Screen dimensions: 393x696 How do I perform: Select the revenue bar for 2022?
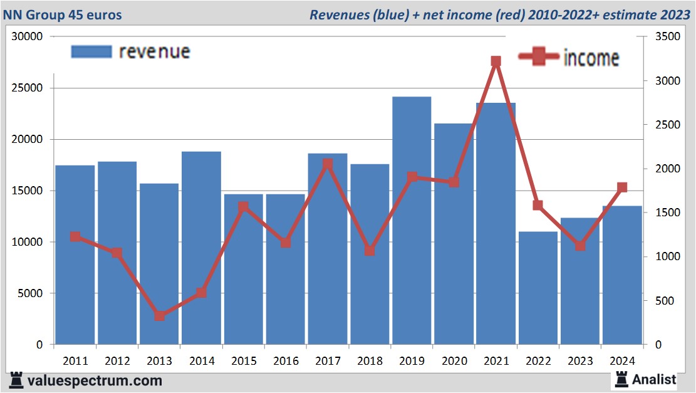coord(538,288)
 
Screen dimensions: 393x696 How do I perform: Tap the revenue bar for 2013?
coord(159,264)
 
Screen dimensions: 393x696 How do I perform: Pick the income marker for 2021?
coord(496,61)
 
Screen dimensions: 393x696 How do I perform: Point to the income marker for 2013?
coord(159,316)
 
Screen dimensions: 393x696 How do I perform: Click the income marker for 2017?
coord(328,164)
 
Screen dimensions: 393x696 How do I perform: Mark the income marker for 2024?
coord(622,187)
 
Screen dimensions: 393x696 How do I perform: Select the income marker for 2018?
coord(370,251)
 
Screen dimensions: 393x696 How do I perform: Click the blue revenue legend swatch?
coord(91,51)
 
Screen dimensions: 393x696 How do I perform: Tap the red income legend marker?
coord(538,56)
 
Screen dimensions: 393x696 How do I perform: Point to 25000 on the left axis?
coord(28,88)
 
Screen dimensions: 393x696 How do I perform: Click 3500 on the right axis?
coord(665,37)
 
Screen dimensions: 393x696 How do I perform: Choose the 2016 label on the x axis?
coord(286,361)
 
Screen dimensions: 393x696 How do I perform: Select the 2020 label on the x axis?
coord(454,361)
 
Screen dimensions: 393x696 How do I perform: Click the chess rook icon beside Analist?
coord(621,379)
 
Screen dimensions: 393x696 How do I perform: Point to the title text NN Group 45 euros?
coord(62,14)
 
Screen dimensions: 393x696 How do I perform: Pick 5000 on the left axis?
coord(31,293)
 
